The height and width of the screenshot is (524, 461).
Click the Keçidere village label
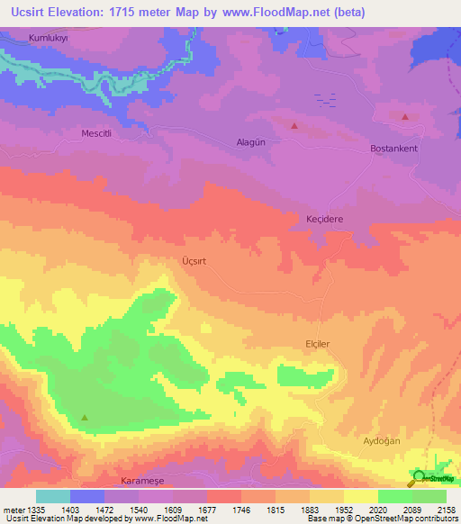[x=325, y=219]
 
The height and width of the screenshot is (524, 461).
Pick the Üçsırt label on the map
[x=194, y=260]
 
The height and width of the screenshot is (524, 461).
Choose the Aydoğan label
[x=381, y=440]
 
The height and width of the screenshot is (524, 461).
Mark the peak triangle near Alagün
[x=294, y=126]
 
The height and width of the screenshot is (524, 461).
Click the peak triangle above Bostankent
[x=405, y=117]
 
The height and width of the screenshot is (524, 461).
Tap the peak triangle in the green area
[x=85, y=417]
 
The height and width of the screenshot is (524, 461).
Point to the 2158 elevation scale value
[x=447, y=509]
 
